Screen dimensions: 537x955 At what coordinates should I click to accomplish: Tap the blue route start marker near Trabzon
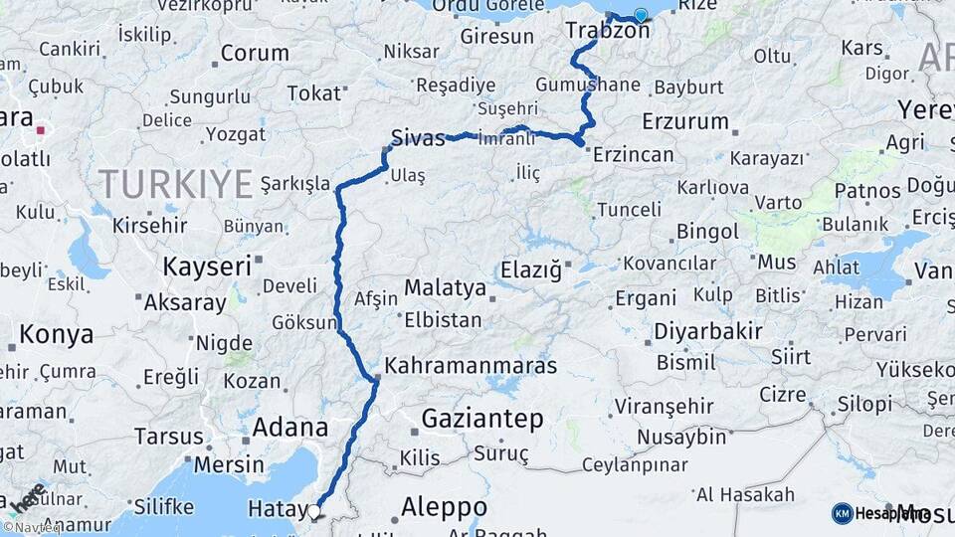click(641, 15)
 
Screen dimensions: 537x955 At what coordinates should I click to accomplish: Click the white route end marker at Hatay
click(314, 512)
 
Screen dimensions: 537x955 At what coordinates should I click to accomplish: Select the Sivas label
click(419, 138)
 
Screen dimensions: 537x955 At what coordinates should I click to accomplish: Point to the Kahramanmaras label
click(471, 366)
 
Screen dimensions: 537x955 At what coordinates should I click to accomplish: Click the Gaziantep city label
click(482, 419)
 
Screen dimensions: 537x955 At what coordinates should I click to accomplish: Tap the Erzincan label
click(633, 155)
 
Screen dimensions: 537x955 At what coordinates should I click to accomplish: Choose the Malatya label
click(445, 289)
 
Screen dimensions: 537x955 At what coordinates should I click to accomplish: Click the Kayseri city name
click(207, 267)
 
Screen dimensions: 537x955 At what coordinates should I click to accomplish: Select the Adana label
click(290, 428)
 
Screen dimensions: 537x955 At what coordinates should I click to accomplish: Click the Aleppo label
click(444, 508)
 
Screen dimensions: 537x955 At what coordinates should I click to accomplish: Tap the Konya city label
click(56, 335)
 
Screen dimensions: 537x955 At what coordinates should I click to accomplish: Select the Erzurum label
click(685, 121)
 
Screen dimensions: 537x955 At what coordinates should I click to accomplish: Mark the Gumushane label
click(587, 85)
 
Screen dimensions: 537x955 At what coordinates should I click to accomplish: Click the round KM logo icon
click(842, 513)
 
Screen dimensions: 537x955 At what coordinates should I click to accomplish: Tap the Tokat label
click(313, 93)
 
